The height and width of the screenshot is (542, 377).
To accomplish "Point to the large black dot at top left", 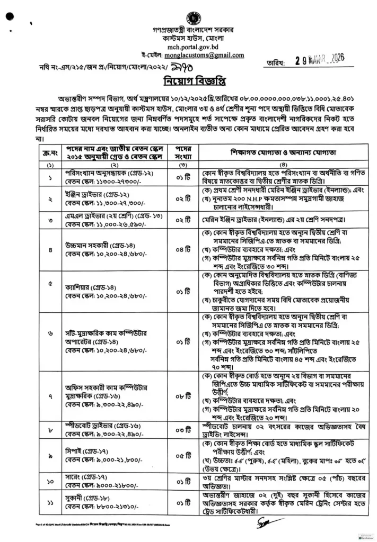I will pos(9,16).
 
